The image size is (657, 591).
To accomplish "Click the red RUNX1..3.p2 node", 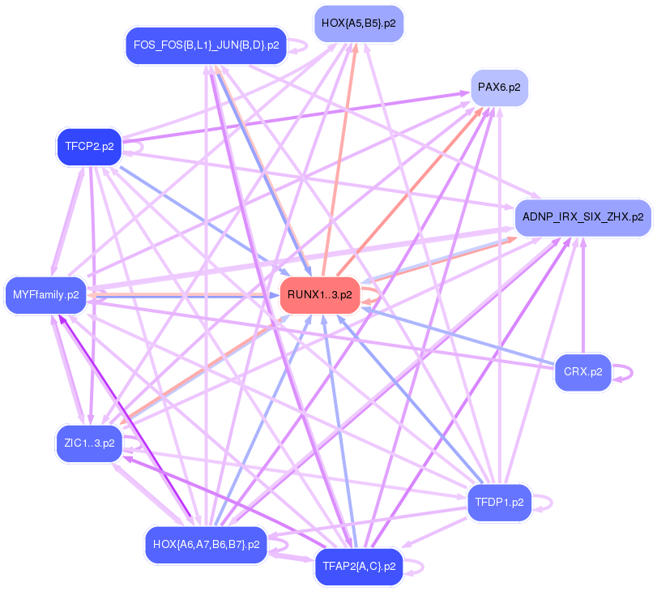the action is click(x=319, y=295).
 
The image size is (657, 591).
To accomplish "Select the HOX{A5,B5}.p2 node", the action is click(x=358, y=24).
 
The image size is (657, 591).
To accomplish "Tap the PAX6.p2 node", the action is click(x=499, y=87).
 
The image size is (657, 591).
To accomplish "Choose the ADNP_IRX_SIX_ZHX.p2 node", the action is click(x=582, y=217).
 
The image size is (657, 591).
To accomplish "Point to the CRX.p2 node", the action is click(x=583, y=372).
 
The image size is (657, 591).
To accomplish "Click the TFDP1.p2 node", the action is click(x=500, y=502).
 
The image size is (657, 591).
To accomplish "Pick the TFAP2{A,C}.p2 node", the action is click(x=358, y=565).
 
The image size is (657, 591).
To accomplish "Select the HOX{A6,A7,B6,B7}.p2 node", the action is click(x=206, y=544).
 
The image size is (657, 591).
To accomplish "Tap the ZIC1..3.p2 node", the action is click(x=88, y=443).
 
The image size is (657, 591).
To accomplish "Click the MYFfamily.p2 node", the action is click(x=45, y=295).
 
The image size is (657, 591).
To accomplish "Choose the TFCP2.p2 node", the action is click(x=88, y=147).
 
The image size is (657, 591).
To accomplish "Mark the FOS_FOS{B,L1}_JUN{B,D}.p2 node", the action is click(x=206, y=45).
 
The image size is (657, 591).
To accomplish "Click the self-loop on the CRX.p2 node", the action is click(x=625, y=373).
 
